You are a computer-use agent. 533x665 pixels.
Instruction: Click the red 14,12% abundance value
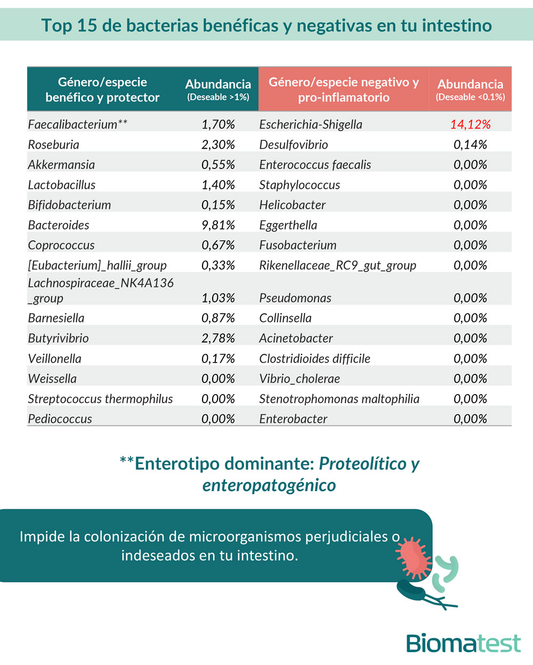click(470, 124)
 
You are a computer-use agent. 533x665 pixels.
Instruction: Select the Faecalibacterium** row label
click(78, 124)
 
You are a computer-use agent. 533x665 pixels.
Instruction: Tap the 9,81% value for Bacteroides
click(218, 225)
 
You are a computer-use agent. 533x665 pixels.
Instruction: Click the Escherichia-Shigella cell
click(311, 124)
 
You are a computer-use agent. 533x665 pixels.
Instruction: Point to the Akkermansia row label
click(61, 165)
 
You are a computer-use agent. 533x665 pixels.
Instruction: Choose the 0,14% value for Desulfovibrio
click(470, 145)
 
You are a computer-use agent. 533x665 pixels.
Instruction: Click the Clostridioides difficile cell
click(314, 358)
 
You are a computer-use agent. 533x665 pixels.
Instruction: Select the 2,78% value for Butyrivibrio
click(218, 338)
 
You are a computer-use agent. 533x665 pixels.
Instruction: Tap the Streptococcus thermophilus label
click(100, 399)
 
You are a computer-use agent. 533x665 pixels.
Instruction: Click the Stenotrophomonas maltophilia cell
click(339, 399)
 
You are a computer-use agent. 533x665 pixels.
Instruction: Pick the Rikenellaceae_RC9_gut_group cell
click(337, 266)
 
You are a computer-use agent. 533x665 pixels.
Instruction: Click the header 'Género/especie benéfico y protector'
click(102, 90)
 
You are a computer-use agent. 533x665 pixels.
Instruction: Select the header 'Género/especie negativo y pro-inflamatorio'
click(344, 90)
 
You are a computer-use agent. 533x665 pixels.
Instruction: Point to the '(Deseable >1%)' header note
click(218, 97)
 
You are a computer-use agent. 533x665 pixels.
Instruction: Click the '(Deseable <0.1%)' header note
click(470, 97)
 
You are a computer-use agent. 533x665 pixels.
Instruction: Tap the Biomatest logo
click(463, 643)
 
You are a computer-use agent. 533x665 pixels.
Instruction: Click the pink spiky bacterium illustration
click(415, 558)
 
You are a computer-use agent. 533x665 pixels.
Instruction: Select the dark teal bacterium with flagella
click(413, 590)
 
